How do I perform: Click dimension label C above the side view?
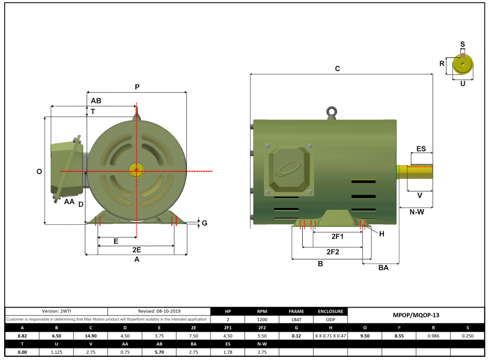tap(337, 69)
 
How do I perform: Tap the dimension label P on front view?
tap(137, 87)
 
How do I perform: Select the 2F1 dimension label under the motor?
tap(338, 237)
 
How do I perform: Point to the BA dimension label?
tap(383, 268)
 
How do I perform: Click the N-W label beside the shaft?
tap(417, 212)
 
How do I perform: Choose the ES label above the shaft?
tap(421, 149)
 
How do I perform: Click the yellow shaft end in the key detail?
tap(462, 64)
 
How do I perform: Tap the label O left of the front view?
tap(39, 171)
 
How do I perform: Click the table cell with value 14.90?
tap(90, 335)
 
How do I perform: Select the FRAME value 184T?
tap(296, 319)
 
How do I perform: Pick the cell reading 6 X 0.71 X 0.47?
tap(330, 335)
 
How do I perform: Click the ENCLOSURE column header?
tap(330, 311)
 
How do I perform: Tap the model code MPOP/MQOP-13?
tap(416, 315)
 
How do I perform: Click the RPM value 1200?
tap(262, 319)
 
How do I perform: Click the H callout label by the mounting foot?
tap(382, 234)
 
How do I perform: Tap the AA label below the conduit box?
tap(69, 201)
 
